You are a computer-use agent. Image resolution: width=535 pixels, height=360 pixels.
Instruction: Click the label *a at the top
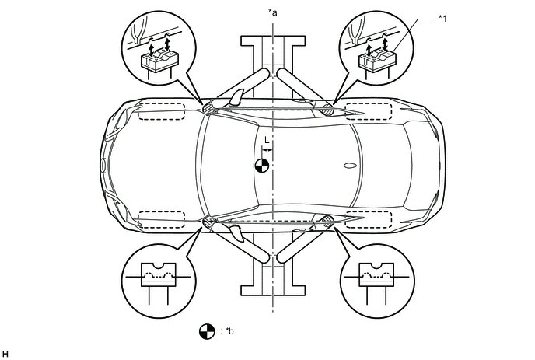pyautogui.click(x=272, y=11)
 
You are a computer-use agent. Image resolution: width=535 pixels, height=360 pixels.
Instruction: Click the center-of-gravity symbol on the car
pyautogui.click(x=262, y=165)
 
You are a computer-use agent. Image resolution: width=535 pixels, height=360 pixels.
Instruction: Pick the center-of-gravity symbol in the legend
pyautogui.click(x=206, y=330)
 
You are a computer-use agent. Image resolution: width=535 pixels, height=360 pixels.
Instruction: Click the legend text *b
pyautogui.click(x=228, y=331)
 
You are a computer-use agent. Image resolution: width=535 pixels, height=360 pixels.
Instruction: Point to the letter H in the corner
pyautogui.click(x=5, y=354)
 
